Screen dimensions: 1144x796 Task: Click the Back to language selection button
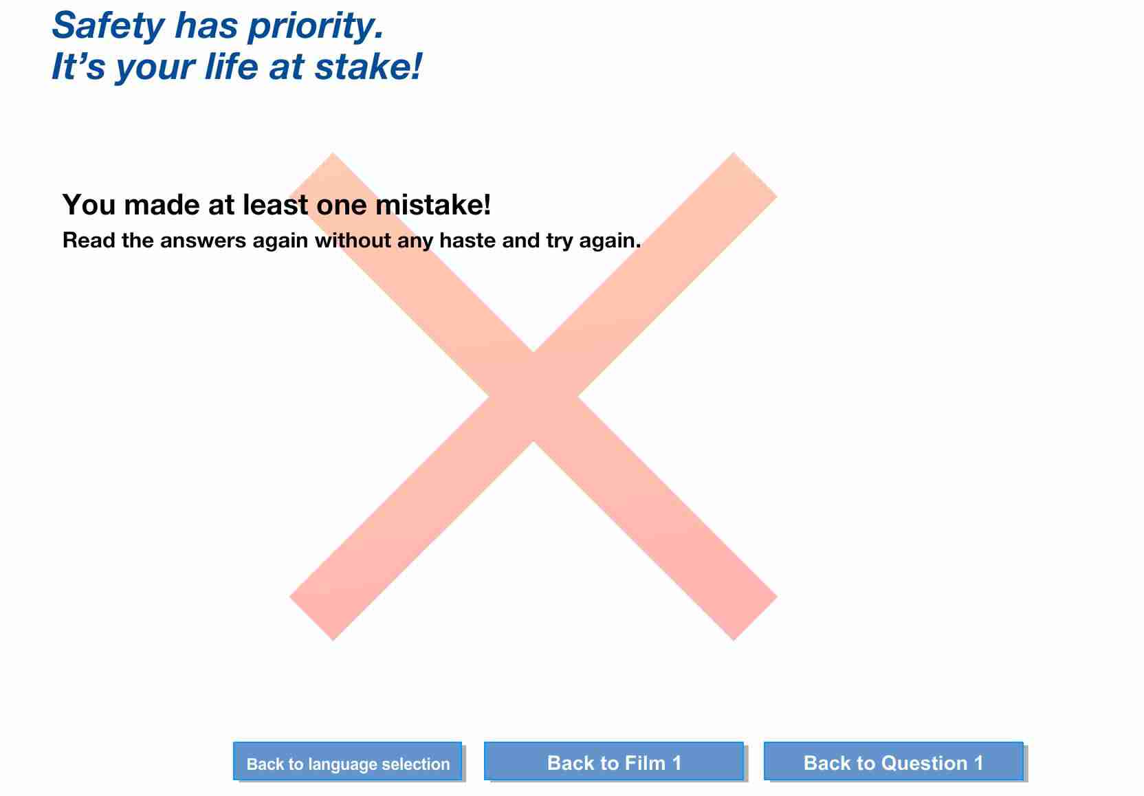coord(347,761)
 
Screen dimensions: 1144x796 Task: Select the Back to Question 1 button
coord(893,761)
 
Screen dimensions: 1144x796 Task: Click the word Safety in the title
coord(108,25)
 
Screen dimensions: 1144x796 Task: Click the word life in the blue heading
coord(232,67)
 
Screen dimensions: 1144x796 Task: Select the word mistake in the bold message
coord(433,204)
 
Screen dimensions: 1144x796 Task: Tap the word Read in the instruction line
coord(89,240)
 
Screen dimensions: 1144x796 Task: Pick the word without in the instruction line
coord(353,240)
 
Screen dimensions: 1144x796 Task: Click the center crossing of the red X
coord(533,396)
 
